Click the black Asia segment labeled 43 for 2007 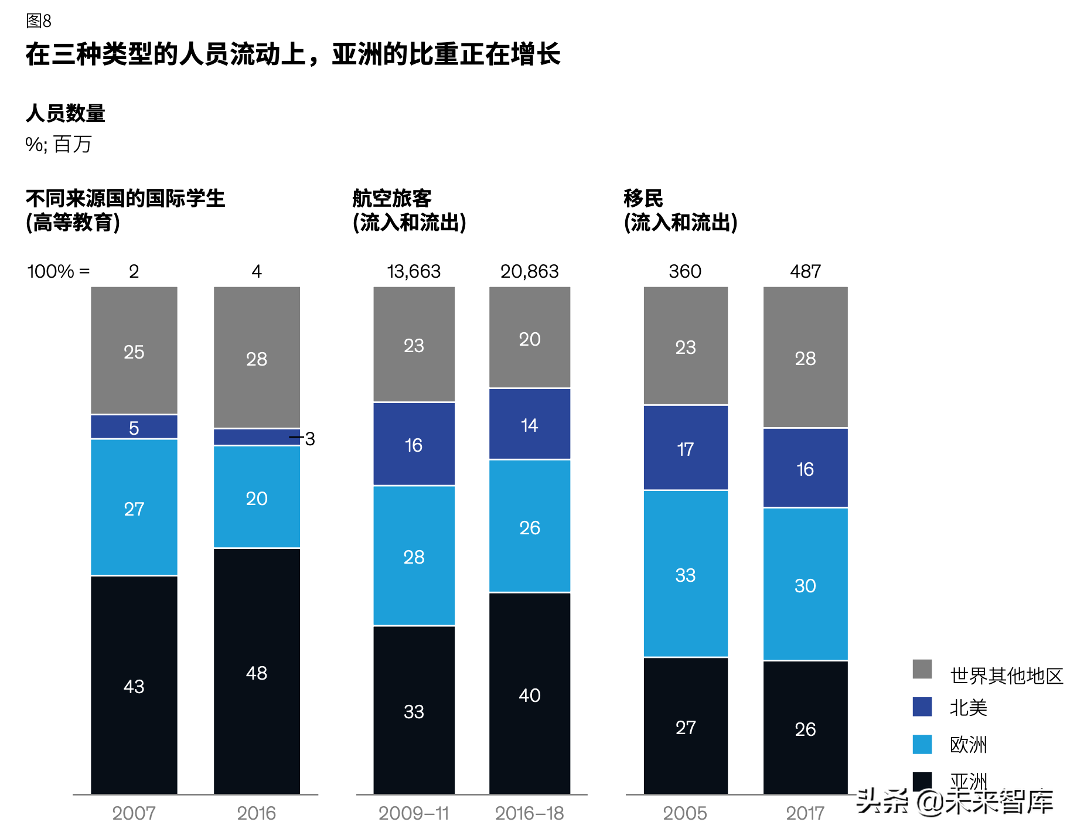tap(134, 685)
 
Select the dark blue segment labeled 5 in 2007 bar tap(134, 427)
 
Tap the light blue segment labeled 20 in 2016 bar tap(257, 497)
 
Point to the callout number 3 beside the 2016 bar tap(310, 438)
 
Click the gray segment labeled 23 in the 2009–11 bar tap(414, 345)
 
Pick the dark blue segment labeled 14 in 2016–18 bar tap(529, 424)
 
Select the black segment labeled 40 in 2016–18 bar tap(529, 695)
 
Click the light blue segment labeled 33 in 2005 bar tap(685, 574)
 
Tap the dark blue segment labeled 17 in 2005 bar tap(685, 448)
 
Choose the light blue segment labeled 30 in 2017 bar tap(805, 585)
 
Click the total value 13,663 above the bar tap(414, 271)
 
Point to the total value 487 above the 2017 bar tap(805, 271)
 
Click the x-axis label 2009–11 tap(414, 813)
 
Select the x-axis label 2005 tap(685, 813)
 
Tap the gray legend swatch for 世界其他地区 tap(922, 669)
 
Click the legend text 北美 tap(968, 708)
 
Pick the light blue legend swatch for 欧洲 tap(922, 744)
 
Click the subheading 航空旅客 tap(392, 199)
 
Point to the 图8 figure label tap(39, 21)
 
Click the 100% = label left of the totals tap(59, 271)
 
